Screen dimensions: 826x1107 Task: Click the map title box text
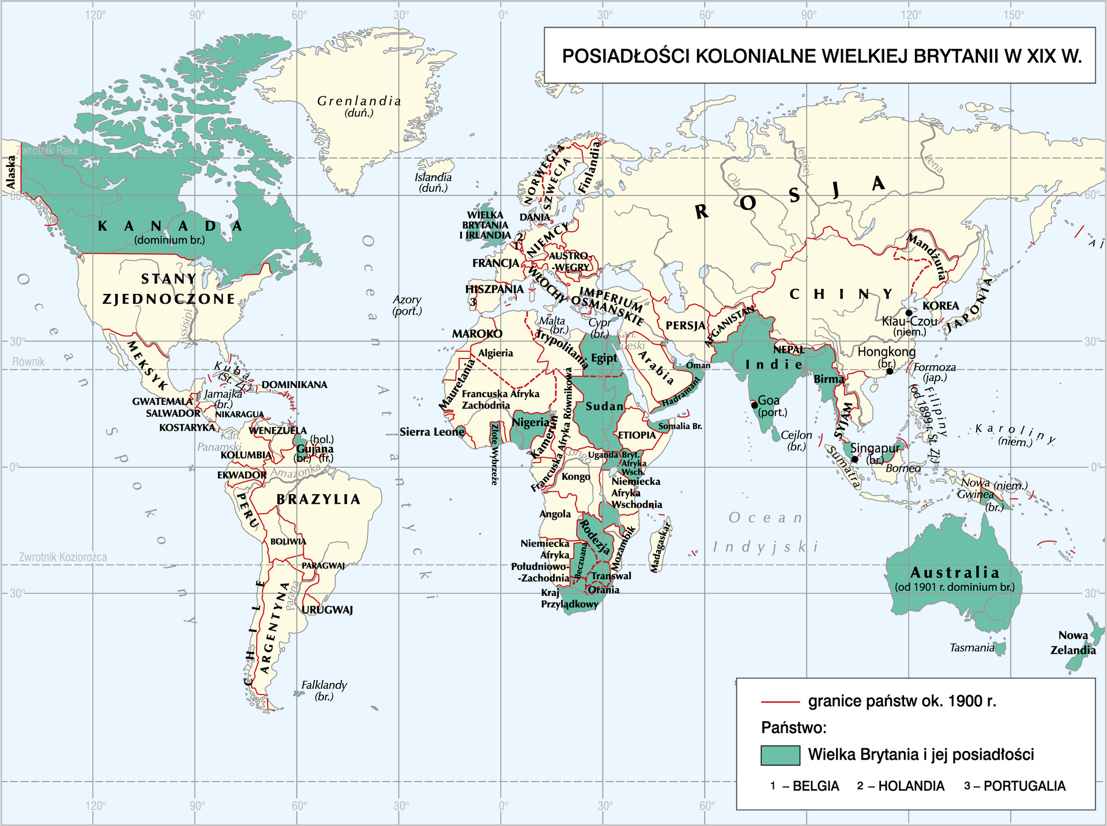[821, 56]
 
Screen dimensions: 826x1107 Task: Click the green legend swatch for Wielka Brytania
[780, 755]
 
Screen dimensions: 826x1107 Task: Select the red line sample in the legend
[780, 701]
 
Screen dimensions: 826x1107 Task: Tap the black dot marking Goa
[755, 405]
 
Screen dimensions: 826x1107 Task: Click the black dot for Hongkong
[890, 371]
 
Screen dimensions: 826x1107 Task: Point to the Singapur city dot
[854, 459]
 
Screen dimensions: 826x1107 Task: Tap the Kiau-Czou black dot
[909, 312]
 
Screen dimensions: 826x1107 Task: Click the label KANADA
[170, 227]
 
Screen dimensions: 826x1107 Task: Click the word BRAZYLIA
[318, 499]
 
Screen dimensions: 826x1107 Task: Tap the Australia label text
[955, 572]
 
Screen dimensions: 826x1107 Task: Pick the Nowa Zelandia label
[1072, 643]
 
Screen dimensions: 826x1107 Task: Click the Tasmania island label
[972, 648]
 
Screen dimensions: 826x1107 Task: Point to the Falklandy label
[324, 685]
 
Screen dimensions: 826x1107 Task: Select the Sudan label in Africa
[604, 406]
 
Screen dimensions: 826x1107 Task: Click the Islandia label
[433, 178]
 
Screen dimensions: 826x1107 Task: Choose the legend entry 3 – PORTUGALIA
[1015, 786]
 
